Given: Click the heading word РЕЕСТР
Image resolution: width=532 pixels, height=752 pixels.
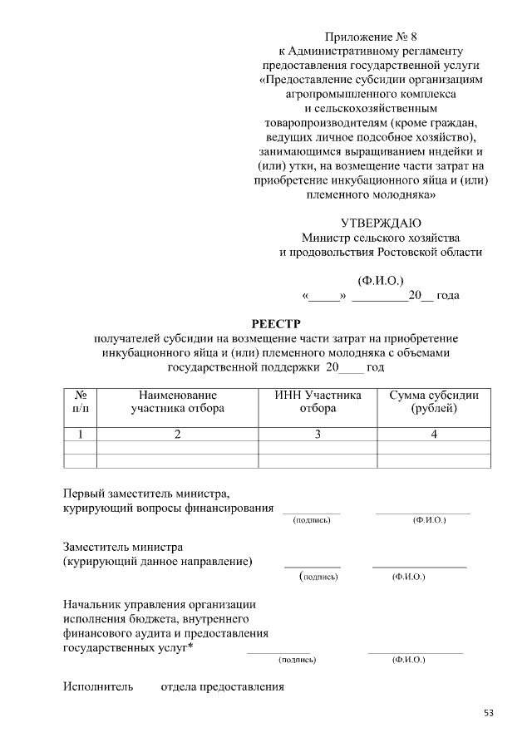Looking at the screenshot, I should (x=276, y=323).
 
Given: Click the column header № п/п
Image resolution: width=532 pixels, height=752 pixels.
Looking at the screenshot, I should (x=81, y=401).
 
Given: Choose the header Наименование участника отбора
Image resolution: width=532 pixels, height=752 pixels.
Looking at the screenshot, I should (x=177, y=401).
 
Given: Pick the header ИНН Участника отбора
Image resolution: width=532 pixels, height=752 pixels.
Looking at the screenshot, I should (x=318, y=401).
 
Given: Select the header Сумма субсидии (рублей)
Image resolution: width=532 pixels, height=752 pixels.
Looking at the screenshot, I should (x=434, y=401).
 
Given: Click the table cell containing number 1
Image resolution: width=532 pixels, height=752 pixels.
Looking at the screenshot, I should (x=81, y=434).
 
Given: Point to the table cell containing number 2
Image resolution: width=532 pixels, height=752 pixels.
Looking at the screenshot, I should (x=177, y=434).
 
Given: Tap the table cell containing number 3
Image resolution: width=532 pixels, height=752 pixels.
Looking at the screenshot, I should (x=318, y=434).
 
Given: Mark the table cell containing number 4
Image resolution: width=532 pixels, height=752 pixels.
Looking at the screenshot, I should (x=434, y=434).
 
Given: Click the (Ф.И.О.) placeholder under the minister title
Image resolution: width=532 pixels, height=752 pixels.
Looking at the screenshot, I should (x=381, y=279).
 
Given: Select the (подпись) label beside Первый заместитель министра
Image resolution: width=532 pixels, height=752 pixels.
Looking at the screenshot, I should (x=312, y=520).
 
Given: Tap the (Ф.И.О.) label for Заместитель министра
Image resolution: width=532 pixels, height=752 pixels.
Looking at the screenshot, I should (x=408, y=576).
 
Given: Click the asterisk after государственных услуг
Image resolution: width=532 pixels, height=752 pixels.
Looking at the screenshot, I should (x=191, y=647).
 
